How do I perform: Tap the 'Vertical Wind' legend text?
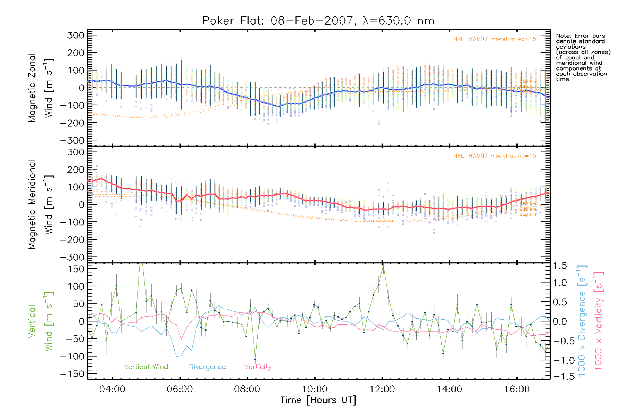(x=146, y=367)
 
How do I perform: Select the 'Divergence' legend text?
(x=207, y=367)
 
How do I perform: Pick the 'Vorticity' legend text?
(x=258, y=367)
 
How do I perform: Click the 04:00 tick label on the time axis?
(x=112, y=389)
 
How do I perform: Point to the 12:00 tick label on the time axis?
(x=382, y=389)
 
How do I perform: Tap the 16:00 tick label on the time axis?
(x=517, y=389)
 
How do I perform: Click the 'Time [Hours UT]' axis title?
(x=318, y=400)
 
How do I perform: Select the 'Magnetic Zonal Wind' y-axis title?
(x=41, y=88)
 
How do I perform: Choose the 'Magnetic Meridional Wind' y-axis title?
(x=41, y=205)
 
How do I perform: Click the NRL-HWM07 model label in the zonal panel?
(x=494, y=39)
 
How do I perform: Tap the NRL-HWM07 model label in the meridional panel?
(x=494, y=156)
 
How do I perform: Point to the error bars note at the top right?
(x=583, y=57)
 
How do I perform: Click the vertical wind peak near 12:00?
(x=383, y=265)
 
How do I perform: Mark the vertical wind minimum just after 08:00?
(x=255, y=359)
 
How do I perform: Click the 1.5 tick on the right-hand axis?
(x=560, y=266)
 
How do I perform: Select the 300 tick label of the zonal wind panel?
(x=76, y=35)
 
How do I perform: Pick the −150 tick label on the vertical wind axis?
(x=72, y=374)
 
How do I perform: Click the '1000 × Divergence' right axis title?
(x=582, y=321)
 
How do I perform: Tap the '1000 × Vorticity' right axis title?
(x=598, y=321)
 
